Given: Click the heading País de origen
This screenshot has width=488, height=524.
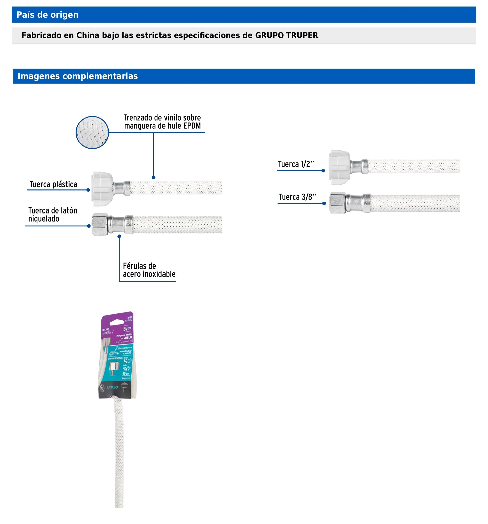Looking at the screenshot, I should [48, 15].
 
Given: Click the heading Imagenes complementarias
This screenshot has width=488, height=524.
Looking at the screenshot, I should [78, 76].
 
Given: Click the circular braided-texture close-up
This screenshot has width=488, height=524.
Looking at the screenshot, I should [92, 133].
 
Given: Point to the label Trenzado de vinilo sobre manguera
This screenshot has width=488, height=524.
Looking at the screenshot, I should [162, 122].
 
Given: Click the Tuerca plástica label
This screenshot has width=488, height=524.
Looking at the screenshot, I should [53, 184].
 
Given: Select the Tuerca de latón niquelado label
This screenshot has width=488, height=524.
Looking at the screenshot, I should [53, 215].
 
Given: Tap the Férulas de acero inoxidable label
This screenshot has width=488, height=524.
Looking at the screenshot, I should [149, 270].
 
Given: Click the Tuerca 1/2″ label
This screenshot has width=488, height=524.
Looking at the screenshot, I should [296, 164].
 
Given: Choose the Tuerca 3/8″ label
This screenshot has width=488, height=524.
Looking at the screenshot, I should [297, 197].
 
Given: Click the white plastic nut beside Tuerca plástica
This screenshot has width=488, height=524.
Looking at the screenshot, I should [102, 189].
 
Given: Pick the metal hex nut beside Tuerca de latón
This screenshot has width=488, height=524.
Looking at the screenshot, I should [100, 224].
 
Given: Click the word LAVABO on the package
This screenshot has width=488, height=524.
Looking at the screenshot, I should [113, 387].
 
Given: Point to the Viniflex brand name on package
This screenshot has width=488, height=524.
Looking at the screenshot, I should [108, 333].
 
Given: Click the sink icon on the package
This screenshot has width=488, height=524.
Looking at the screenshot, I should [125, 387].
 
